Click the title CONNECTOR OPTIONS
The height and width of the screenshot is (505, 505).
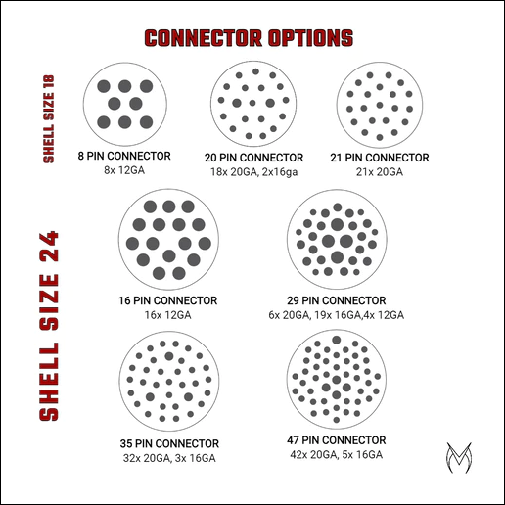click(249, 39)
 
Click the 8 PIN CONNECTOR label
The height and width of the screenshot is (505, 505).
click(123, 157)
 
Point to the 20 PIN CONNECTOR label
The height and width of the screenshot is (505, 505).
click(253, 158)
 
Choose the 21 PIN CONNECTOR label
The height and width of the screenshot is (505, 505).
click(382, 158)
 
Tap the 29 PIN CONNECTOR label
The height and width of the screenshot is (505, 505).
click(336, 301)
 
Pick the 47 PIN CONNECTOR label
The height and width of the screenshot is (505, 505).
click(337, 441)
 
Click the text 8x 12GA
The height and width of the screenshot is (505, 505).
click(123, 170)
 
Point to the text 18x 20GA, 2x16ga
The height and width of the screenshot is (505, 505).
click(253, 171)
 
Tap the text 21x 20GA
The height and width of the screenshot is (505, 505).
click(382, 171)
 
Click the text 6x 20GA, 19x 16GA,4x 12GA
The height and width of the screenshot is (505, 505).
click(336, 315)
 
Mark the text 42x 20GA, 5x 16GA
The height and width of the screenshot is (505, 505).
click(337, 455)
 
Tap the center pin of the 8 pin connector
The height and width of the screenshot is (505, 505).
click(123, 104)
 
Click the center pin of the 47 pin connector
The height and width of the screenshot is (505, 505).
click(337, 377)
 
